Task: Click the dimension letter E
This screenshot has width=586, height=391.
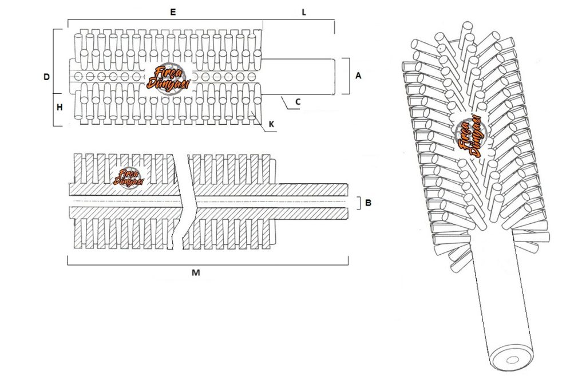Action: click(173, 13)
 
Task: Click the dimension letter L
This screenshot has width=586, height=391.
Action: click(304, 13)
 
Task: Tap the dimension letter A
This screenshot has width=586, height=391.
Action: click(358, 76)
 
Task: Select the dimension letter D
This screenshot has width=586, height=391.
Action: click(47, 77)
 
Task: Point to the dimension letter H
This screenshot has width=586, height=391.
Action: click(60, 108)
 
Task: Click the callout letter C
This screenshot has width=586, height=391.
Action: click(298, 102)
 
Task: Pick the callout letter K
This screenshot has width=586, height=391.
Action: click(272, 124)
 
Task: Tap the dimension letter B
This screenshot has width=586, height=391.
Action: click(368, 203)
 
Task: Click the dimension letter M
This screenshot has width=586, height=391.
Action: click(196, 273)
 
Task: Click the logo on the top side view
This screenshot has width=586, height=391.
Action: click(169, 78)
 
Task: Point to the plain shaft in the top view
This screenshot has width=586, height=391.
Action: click(298, 77)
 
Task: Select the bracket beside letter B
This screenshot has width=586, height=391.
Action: click(359, 203)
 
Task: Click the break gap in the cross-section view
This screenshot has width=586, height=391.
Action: click(184, 202)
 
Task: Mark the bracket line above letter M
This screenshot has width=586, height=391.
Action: click(208, 264)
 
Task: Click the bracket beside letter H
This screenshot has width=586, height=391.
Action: click(54, 110)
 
